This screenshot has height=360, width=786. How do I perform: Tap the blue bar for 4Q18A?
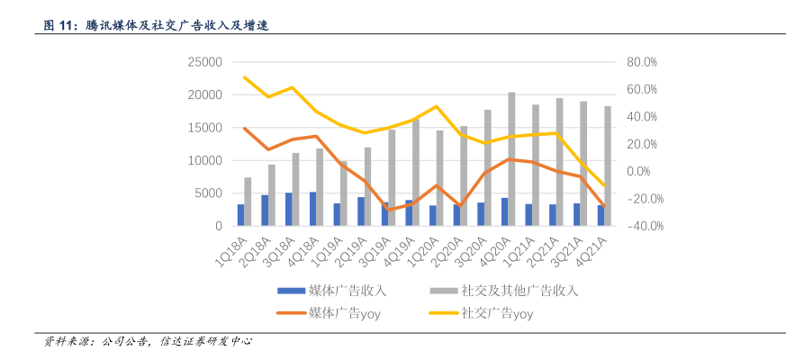pyautogui.click(x=312, y=209)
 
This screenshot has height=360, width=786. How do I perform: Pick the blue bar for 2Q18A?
pyautogui.click(x=265, y=211)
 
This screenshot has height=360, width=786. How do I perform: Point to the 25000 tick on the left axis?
pyautogui.click(x=204, y=62)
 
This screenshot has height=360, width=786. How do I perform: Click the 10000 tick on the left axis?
pyautogui.click(x=204, y=160)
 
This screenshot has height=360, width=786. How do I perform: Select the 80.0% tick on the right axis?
pyautogui.click(x=642, y=62)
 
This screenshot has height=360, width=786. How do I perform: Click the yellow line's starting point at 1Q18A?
pyautogui.click(x=244, y=77)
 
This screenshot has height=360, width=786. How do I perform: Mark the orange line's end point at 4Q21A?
pyautogui.click(x=604, y=207)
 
